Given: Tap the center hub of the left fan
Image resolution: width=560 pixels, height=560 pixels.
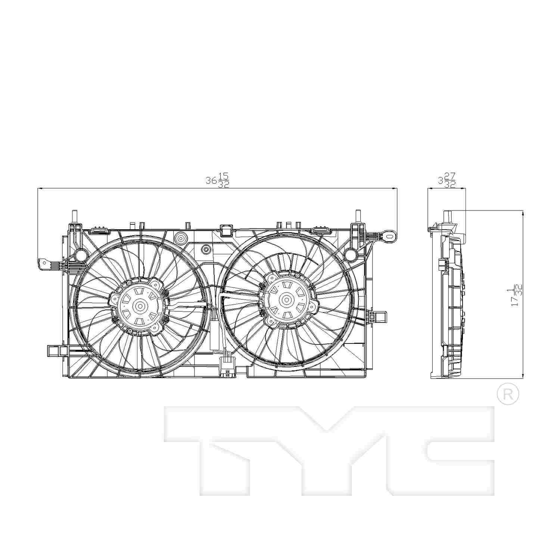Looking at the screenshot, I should tap(140, 307).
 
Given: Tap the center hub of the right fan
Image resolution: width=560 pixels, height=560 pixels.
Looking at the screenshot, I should tap(286, 299).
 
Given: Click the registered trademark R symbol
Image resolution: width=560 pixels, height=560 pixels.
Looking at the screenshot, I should tap(508, 395).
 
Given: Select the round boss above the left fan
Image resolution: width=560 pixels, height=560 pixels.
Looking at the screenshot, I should tap(181, 238).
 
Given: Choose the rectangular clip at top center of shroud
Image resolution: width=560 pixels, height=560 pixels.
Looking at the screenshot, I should tap(226, 230).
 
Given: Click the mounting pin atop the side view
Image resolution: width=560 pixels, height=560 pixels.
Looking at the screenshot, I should tap(447, 217).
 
